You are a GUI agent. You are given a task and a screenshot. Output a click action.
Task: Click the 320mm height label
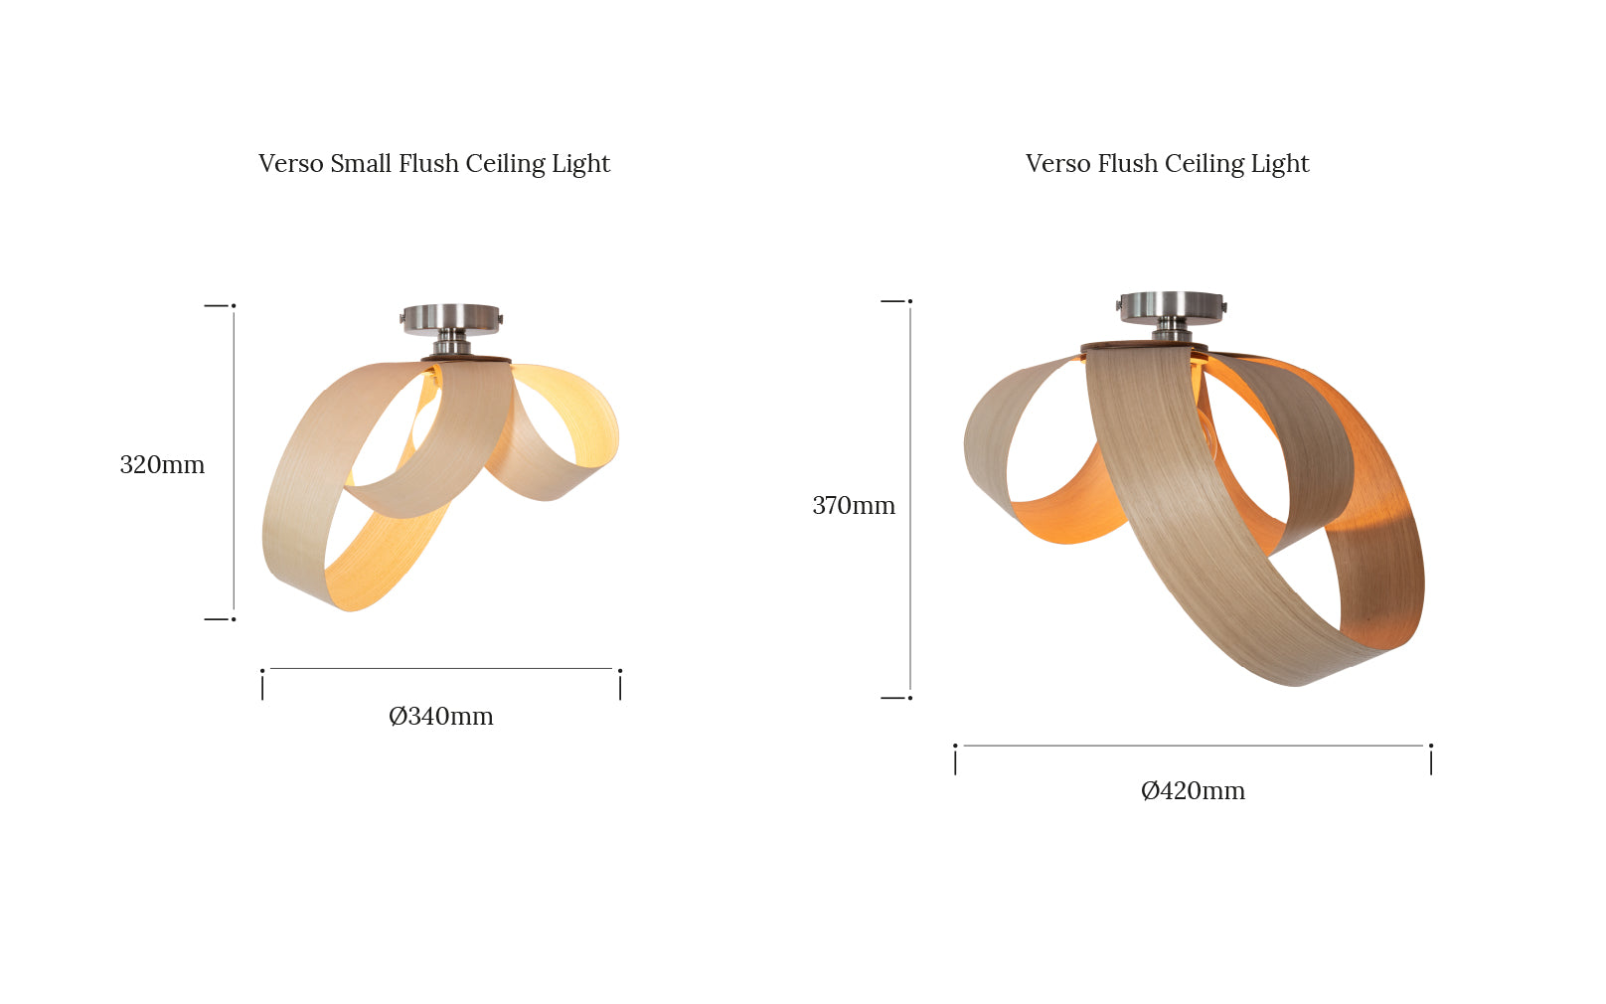pos(162,464)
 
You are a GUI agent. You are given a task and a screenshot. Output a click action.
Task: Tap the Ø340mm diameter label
pos(441,716)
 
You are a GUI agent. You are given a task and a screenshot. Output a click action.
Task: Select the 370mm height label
pos(853,506)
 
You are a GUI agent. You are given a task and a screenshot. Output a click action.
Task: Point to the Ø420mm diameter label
pos(1193,790)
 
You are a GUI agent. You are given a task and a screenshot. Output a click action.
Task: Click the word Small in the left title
pos(361,163)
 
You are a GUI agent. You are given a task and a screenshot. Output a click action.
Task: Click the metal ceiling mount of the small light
pos(451,328)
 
